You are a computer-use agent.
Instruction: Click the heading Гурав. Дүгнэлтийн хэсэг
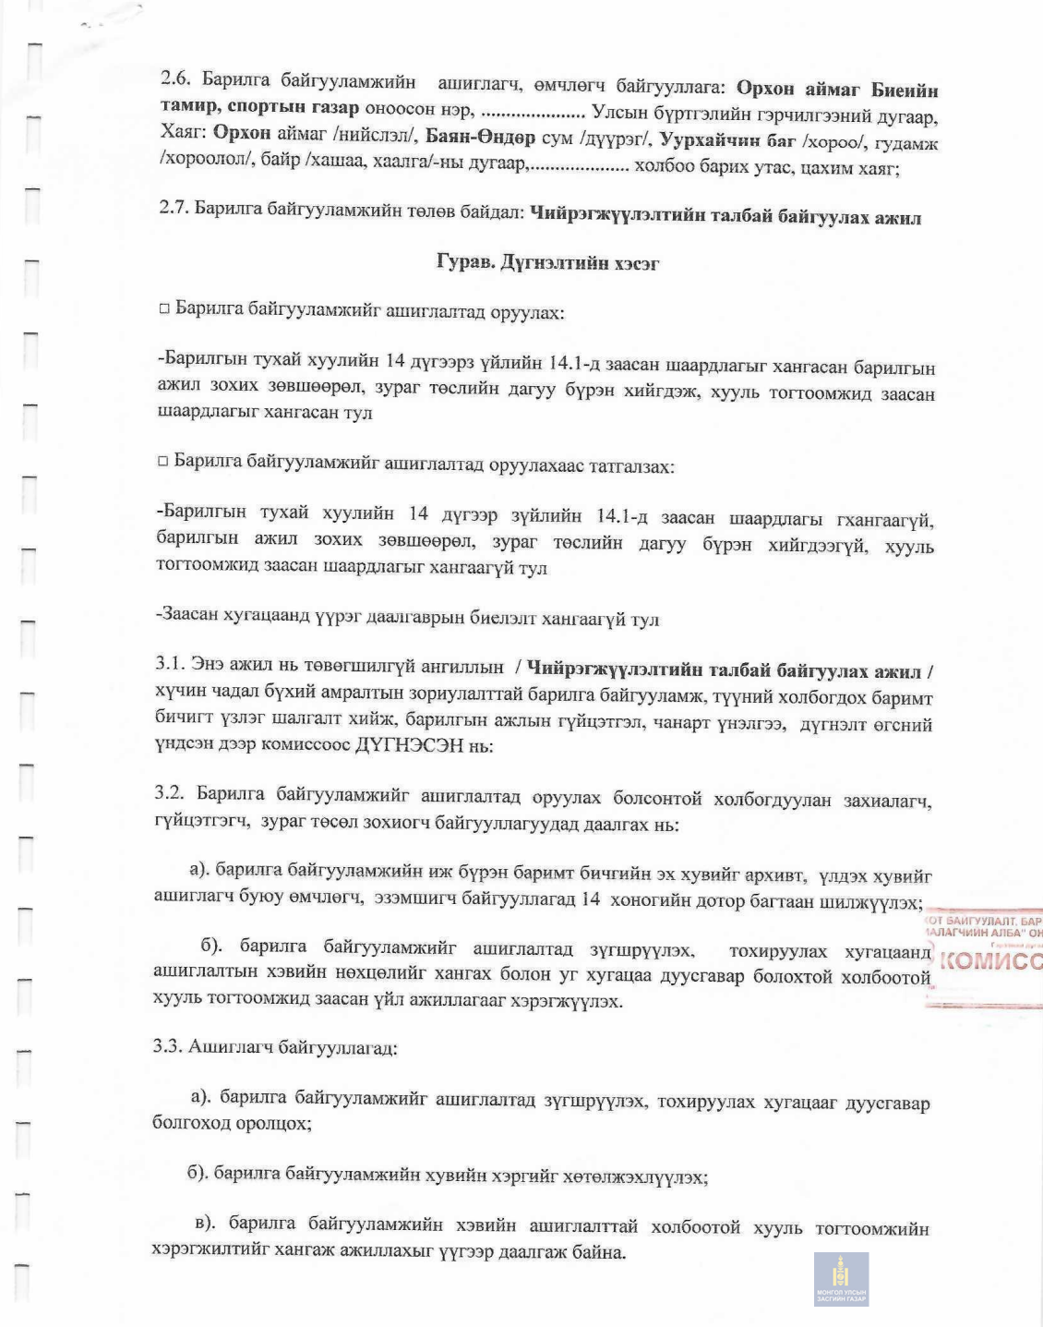click(547, 263)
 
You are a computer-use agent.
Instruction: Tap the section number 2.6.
click(176, 79)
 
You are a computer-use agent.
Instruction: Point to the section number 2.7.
click(174, 209)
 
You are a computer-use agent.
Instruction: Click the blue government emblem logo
click(841, 1278)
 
